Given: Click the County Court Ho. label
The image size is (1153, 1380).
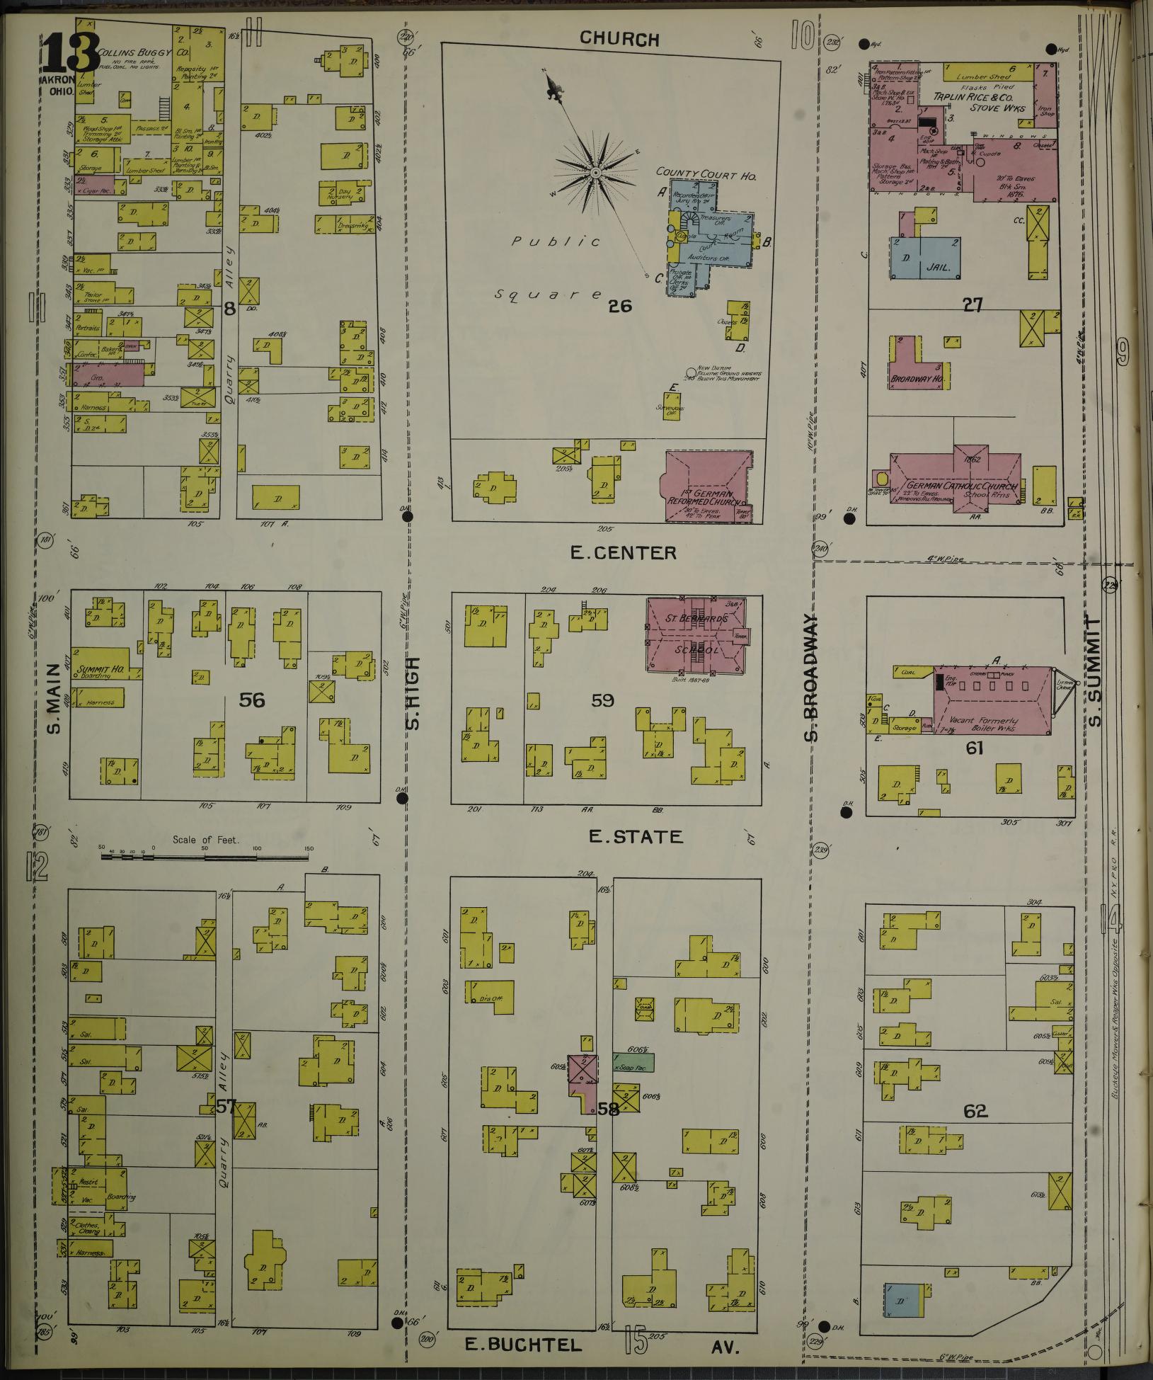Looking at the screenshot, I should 706,173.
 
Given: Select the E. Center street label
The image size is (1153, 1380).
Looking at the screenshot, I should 624,552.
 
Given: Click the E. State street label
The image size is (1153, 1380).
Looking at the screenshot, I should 636,837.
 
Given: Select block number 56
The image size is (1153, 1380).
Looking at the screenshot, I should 252,700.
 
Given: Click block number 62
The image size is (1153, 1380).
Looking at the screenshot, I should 975,1111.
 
